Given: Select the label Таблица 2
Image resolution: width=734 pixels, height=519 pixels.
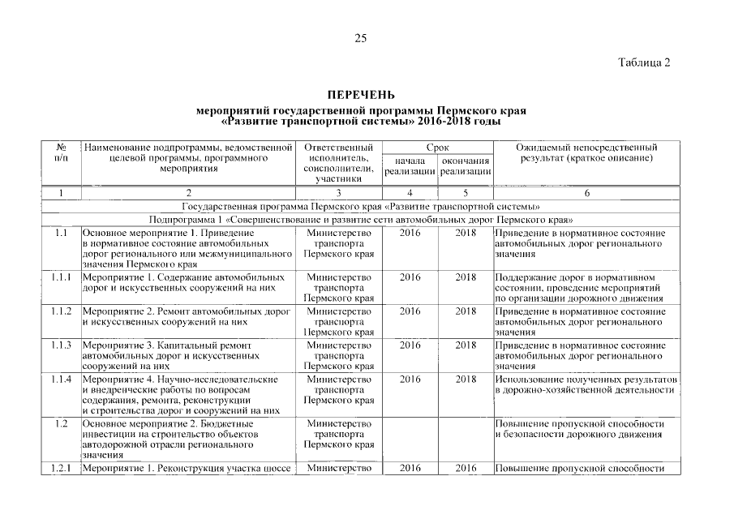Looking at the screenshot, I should point(644,63).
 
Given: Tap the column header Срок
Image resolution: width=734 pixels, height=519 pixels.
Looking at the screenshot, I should point(438,148).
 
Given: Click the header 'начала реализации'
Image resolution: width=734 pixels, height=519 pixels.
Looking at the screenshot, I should point(410,166).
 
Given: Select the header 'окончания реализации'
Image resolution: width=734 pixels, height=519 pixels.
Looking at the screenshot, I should point(465,166).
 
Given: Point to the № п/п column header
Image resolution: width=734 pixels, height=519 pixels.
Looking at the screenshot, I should point(61,153).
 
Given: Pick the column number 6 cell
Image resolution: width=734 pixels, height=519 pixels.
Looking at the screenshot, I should point(586,193).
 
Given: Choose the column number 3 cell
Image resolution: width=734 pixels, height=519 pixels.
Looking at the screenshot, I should point(338,193).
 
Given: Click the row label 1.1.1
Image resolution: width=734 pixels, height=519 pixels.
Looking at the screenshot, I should point(61,277).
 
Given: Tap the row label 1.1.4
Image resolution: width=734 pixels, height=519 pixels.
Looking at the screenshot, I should point(61,380).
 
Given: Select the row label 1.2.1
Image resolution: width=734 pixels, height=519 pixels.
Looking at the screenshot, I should point(61,468).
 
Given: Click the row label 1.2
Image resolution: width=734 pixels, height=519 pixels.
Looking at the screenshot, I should point(61,424).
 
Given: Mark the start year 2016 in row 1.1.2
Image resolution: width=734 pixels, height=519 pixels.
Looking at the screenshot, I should point(410,311).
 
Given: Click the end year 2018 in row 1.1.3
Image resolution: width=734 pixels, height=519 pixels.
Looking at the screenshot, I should point(465,345).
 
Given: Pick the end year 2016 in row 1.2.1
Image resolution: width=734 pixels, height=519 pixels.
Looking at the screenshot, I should point(465,468).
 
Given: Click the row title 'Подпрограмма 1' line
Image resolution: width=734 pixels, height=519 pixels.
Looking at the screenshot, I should point(361,220).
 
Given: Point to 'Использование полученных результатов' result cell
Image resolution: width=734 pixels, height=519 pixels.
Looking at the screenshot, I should point(586,380).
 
